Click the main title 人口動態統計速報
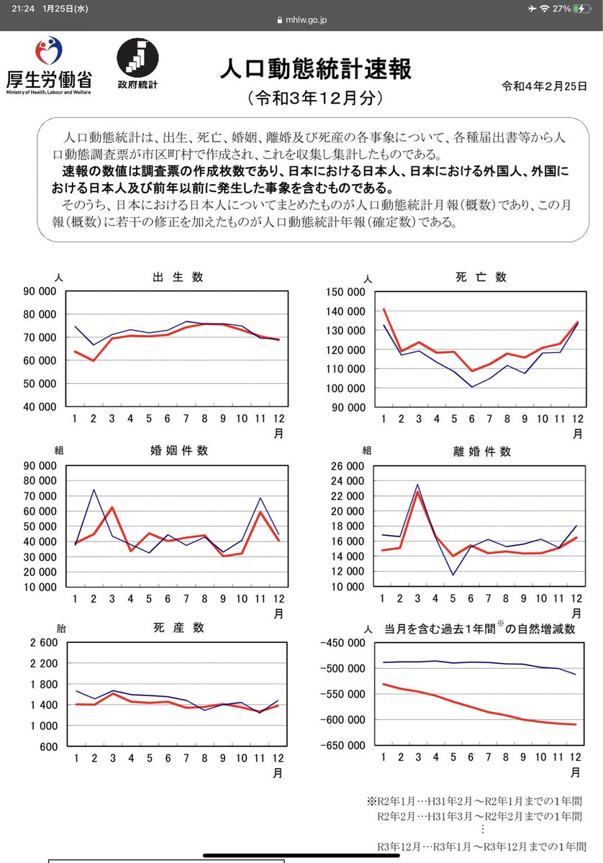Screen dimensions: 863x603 pos(316,70)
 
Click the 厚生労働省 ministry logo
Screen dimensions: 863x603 pos(49,65)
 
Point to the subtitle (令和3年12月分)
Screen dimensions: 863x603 pos(316,98)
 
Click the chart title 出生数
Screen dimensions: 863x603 pos(177,277)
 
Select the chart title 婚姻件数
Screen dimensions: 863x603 pos(178,451)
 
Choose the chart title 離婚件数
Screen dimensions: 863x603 pos(481,452)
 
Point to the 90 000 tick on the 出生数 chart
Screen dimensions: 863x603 pos(40,292)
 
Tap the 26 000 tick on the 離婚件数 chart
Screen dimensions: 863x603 pos(348,466)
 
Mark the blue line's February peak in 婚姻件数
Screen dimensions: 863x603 pos(93,490)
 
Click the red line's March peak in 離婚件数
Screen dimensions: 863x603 pos(418,492)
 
